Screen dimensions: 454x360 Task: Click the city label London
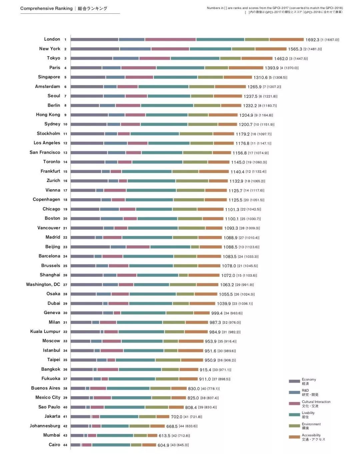point(52,39)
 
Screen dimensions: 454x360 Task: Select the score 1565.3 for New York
point(295,49)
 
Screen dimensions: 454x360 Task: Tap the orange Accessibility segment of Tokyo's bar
point(257,58)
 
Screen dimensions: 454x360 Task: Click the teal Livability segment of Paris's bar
point(180,68)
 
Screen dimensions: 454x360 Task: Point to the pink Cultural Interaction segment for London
point(170,39)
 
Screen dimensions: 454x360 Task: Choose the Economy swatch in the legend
point(294,381)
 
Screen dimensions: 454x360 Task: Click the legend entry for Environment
point(311,424)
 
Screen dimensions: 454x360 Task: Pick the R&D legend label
point(305,390)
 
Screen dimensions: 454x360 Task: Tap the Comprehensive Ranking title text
point(46,8)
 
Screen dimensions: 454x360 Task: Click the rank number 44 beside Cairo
point(65,445)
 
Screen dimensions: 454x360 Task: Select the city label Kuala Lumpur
point(45,332)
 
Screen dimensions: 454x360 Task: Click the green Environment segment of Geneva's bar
point(180,313)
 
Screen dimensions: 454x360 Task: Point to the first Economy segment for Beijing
point(90,247)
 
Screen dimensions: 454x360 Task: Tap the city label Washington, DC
point(43,284)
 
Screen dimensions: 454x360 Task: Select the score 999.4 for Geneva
point(217,313)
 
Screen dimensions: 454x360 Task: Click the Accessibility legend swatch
point(294,437)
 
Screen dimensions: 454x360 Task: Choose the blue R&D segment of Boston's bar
point(112,219)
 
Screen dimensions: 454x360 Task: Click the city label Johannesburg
point(45,426)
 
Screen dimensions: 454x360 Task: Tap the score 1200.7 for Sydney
point(245,125)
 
